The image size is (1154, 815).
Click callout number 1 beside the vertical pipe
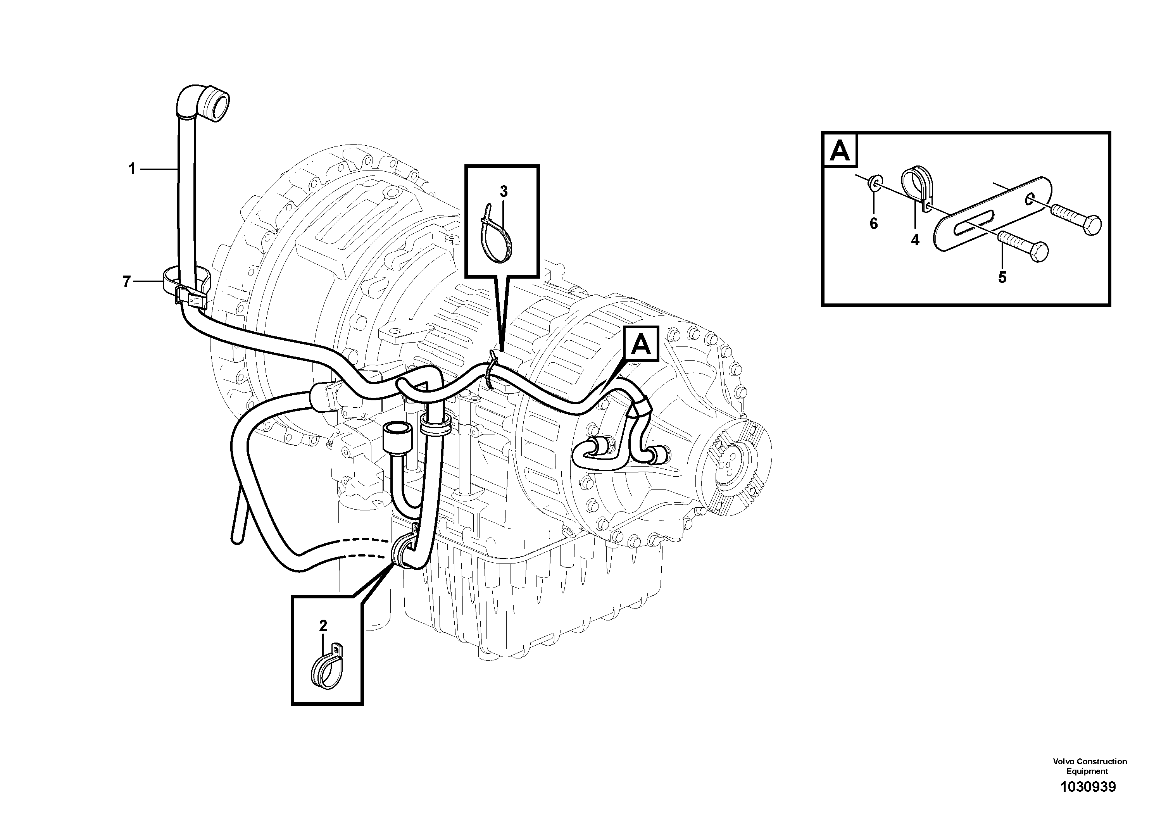tap(132, 169)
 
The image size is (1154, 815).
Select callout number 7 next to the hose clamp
tap(127, 282)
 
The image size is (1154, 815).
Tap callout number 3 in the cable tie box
tap(504, 191)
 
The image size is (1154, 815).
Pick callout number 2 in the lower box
tap(323, 626)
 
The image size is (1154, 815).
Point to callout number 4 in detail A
tap(915, 241)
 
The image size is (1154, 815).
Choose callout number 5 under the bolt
tap(1002, 277)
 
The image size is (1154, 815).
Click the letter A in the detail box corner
tap(840, 151)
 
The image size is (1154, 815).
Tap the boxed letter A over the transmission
tap(640, 344)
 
